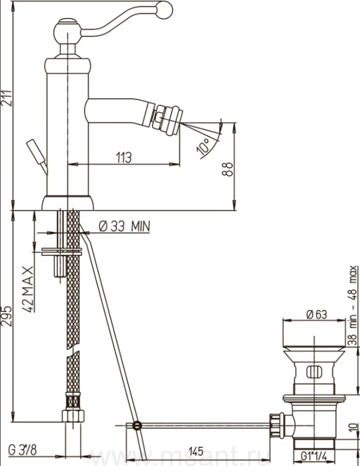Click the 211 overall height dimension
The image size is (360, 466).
point(7,98)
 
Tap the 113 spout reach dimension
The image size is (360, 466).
point(124,157)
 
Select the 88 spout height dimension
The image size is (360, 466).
point(228,169)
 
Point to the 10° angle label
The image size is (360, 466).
point(205,145)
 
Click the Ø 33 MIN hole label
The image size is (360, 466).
point(124,226)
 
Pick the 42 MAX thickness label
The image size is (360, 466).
point(28,289)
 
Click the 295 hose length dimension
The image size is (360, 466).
point(7,316)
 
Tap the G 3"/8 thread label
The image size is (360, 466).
point(23,450)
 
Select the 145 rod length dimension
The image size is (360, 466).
point(196,451)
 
